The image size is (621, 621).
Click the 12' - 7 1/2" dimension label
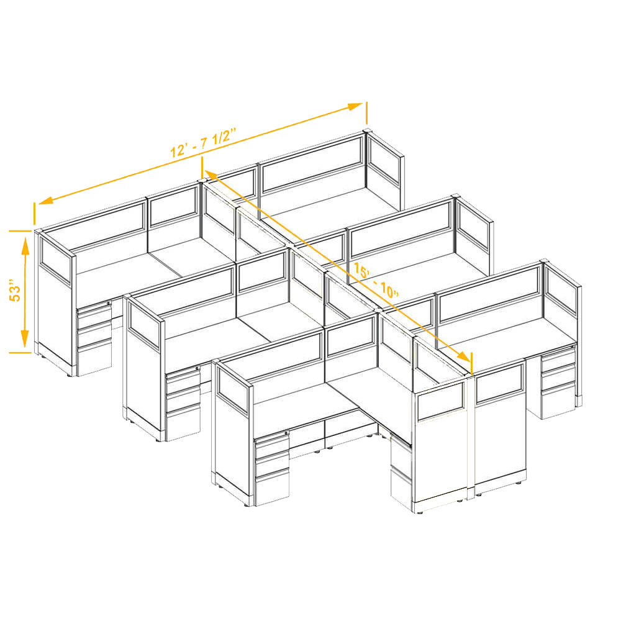pyautogui.click(x=203, y=142)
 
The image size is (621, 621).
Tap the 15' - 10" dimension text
pyautogui.click(x=376, y=280)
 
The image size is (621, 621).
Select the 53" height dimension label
pyautogui.click(x=15, y=291)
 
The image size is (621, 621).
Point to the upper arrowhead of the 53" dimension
pyautogui.click(x=25, y=245)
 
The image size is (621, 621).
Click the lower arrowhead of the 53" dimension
pyautogui.click(x=25, y=338)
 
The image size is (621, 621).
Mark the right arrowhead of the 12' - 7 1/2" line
pyautogui.click(x=355, y=106)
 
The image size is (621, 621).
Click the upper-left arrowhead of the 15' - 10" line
pyautogui.click(x=211, y=176)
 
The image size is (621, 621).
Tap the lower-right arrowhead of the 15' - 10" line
pyautogui.click(x=463, y=355)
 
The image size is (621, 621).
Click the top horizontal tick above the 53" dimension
pyautogui.click(x=20, y=231)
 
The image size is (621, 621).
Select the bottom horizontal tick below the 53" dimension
pyautogui.click(x=20, y=352)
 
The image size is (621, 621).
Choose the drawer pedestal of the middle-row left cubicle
pyautogui.click(x=183, y=404)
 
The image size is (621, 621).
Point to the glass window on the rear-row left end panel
pyautogui.click(x=55, y=261)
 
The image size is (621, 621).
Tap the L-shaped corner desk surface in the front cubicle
pyautogui.click(x=345, y=396)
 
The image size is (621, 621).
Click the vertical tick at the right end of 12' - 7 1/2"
pyautogui.click(x=367, y=114)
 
